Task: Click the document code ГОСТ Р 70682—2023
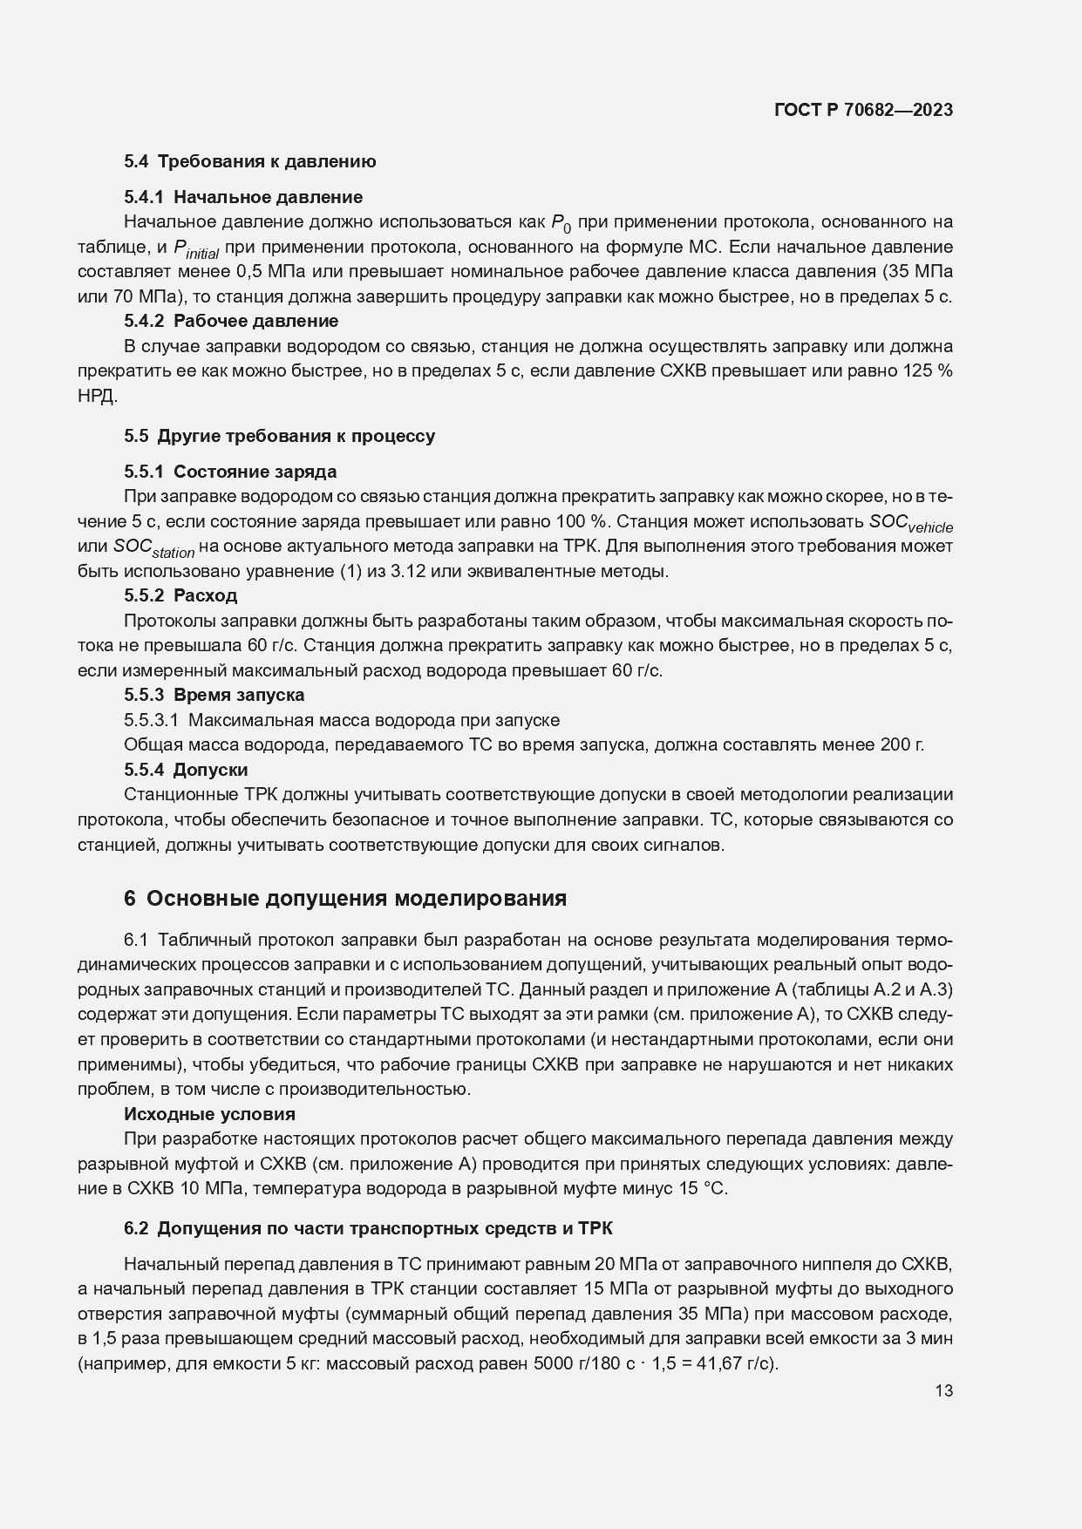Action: tap(862, 110)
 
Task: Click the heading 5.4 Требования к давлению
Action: tap(249, 161)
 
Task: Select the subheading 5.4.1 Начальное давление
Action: tap(242, 197)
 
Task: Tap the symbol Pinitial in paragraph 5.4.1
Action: tap(196, 249)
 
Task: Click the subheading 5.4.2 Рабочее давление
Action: tap(231, 321)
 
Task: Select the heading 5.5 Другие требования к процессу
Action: tap(279, 436)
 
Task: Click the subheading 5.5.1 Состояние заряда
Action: tap(230, 472)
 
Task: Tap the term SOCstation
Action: tap(153, 549)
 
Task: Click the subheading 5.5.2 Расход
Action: tap(180, 595)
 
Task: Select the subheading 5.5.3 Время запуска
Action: tap(214, 695)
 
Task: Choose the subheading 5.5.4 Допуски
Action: tap(186, 770)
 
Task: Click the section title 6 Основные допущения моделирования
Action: tap(345, 899)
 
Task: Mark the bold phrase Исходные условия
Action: tap(209, 1114)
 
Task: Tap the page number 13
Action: tap(943, 1391)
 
